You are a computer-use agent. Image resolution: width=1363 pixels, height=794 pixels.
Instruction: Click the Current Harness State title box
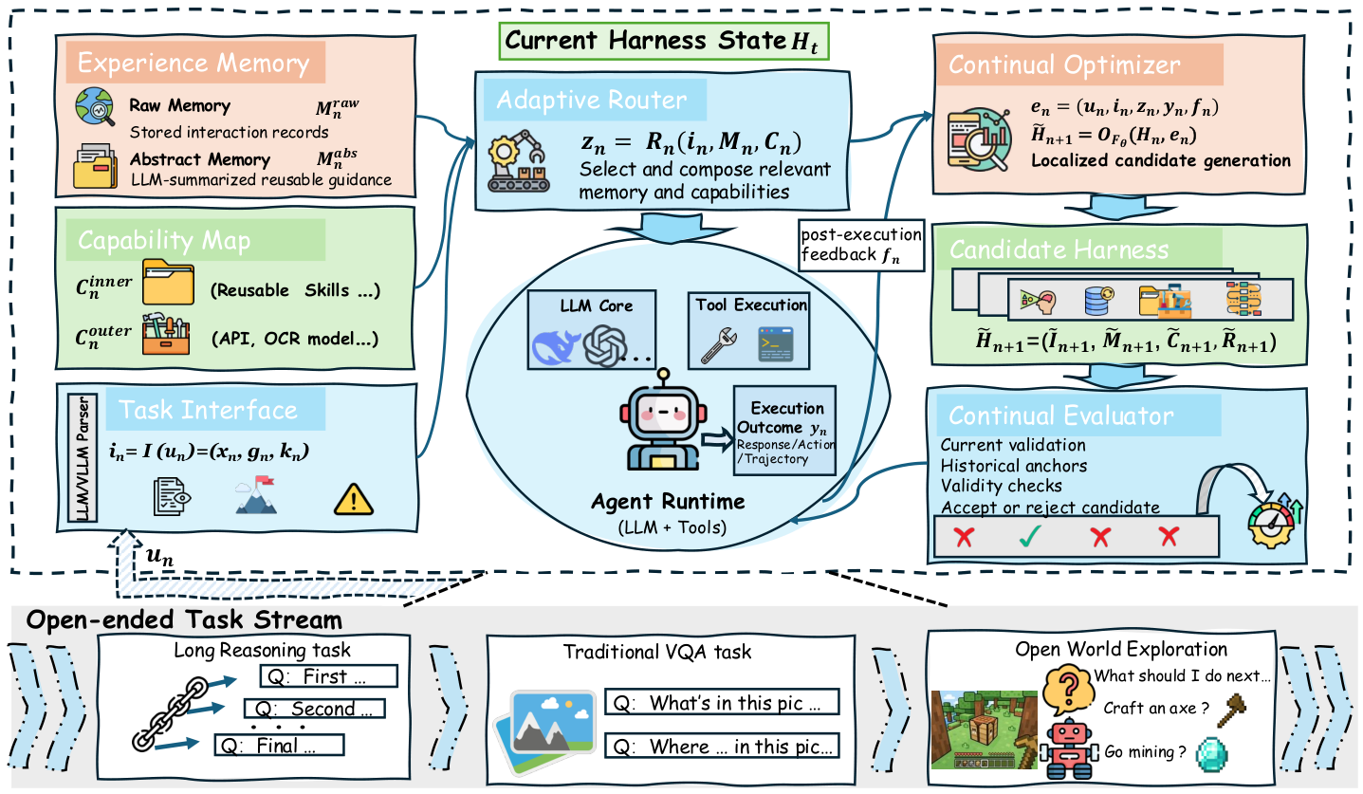663,42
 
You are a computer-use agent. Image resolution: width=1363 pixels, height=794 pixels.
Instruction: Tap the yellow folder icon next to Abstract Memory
96,166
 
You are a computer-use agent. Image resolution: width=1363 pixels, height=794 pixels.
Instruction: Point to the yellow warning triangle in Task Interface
354,500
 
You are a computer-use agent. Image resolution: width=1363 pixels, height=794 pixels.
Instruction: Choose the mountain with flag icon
256,495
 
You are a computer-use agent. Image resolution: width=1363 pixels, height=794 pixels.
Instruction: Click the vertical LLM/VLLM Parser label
83,458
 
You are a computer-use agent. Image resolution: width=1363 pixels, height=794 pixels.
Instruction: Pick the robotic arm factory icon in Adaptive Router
519,161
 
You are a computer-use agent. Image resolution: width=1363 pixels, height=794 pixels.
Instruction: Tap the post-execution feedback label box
861,245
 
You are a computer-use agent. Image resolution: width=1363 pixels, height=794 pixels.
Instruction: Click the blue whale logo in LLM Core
556,347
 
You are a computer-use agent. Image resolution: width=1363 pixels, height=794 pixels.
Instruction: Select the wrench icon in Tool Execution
719,345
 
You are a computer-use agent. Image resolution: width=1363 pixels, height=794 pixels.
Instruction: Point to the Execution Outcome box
785,431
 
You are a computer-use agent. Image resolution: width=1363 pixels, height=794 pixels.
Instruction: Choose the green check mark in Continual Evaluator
1030,536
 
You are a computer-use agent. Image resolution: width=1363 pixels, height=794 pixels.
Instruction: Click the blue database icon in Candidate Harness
1099,301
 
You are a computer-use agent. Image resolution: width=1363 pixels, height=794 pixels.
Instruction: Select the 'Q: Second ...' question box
314,709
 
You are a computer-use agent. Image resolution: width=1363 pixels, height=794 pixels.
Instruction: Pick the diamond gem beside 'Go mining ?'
1211,755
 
